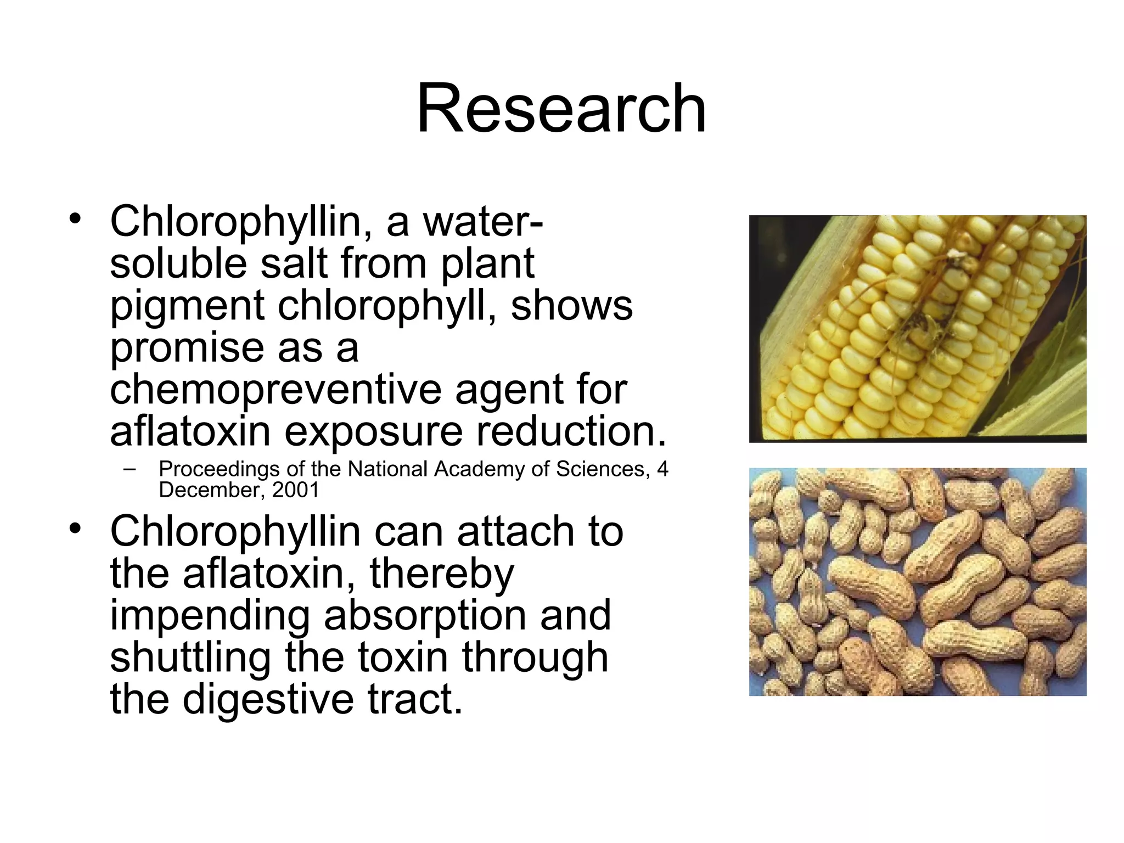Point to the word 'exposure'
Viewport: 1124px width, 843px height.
click(373, 431)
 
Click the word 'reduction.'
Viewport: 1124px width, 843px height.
click(571, 431)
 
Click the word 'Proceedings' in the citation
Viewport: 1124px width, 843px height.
click(219, 469)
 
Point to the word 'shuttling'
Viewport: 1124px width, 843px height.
click(190, 657)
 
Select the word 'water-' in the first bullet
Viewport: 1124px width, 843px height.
click(482, 222)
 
